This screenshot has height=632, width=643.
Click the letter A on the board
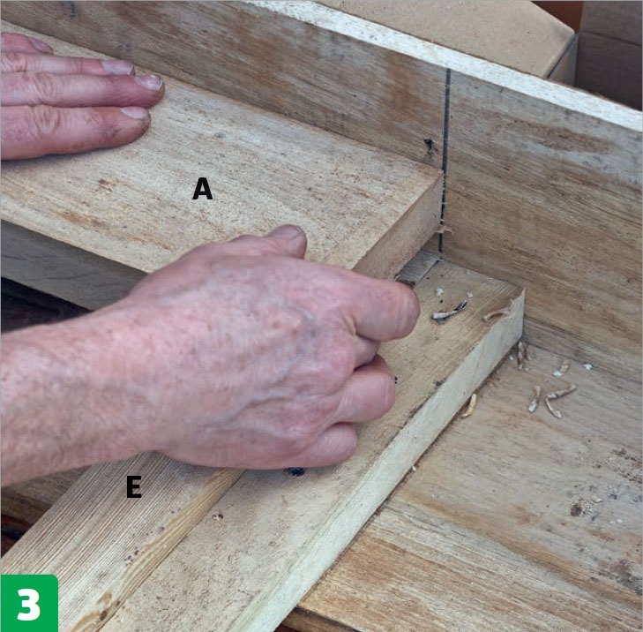pos(202,189)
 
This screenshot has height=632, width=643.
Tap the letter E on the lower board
pos(134,486)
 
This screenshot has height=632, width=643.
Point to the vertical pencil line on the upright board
pos(445,160)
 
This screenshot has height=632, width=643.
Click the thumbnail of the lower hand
pos(289,232)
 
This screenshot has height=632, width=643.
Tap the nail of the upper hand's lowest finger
pos(135,113)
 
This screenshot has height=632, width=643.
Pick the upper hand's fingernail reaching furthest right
pos(149,82)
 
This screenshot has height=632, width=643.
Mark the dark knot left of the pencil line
pos(429,146)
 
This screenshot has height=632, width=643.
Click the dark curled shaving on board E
pos(450,311)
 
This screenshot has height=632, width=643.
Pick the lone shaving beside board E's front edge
pos(469,406)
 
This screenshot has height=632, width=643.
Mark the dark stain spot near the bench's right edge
pos(576,509)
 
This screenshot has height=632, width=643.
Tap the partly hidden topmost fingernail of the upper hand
pos(39,45)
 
